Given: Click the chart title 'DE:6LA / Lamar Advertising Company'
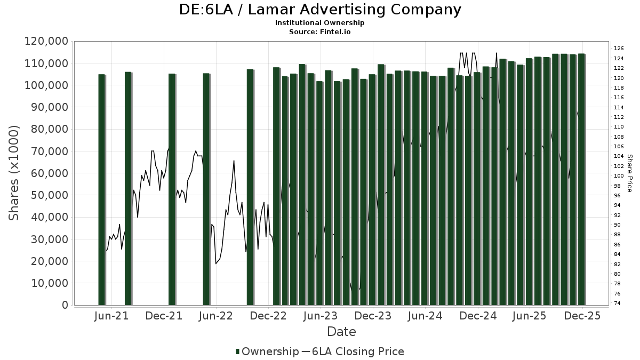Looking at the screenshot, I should (320, 10).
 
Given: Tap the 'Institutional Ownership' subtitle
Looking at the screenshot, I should (320, 23).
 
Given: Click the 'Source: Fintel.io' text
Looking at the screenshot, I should (320, 31).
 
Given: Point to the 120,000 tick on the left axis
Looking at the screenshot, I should (46, 41).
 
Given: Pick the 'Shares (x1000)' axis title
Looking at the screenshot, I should (14, 173).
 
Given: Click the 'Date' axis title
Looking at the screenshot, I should (341, 332).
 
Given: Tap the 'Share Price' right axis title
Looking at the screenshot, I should (629, 173).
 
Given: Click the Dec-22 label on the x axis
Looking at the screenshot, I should (269, 316).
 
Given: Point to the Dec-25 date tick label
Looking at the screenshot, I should (582, 316).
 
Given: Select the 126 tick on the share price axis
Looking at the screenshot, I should (619, 49).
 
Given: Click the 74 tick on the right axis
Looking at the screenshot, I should (617, 303).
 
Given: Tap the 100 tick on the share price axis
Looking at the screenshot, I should (619, 176).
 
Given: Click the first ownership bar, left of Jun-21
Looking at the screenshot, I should (101, 189).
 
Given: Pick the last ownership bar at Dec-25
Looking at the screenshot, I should (581, 179).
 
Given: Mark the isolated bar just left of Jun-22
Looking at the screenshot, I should (206, 189).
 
